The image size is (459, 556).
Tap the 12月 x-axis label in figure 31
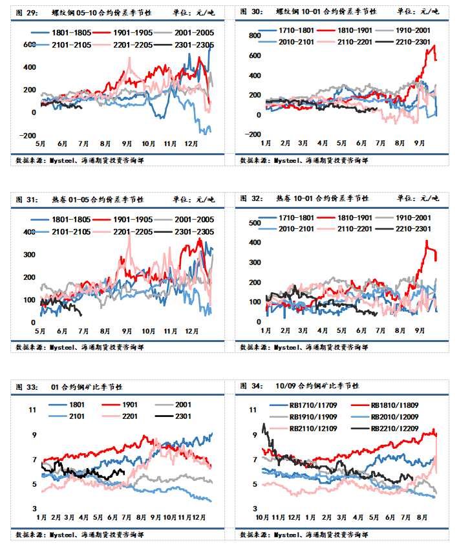click(x=192, y=331)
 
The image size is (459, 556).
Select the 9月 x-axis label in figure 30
click(x=419, y=142)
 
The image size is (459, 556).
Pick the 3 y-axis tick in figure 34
click(x=255, y=508)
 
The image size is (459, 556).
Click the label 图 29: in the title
click(x=28, y=12)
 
